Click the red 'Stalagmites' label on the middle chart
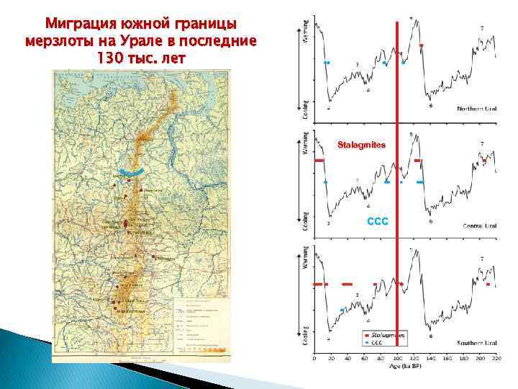coord(363,146)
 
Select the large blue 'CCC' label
coord(377,222)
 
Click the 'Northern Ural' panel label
coord(477,109)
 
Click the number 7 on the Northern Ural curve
coord(481,27)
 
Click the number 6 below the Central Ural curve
coord(430,221)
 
